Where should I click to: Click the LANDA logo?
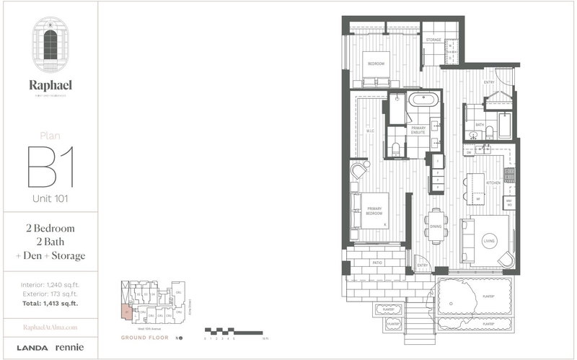pos(31,348)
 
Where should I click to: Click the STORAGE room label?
pos(433,40)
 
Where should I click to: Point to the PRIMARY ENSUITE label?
pos(418,130)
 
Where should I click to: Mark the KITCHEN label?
pos(493,184)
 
